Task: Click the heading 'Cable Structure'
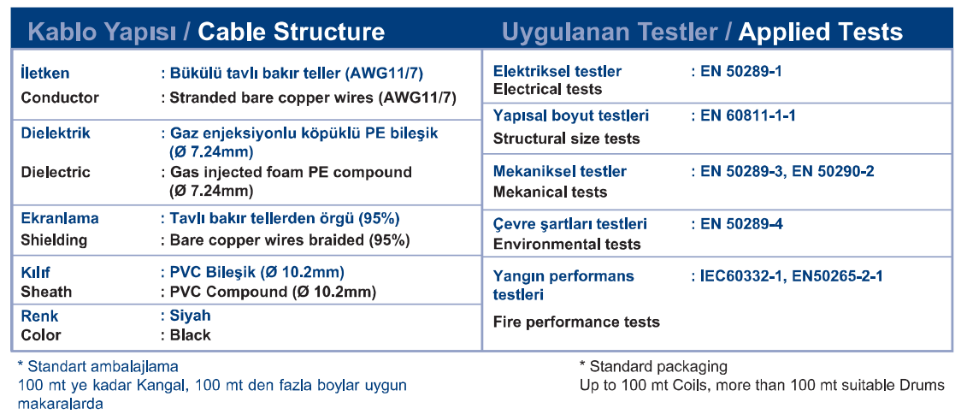pos(291,32)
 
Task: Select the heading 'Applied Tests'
pos(820,32)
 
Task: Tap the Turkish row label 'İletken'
pos(45,73)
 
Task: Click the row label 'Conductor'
pos(60,98)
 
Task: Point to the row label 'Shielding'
pos(54,240)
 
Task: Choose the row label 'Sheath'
pos(46,291)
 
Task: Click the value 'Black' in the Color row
pos(190,334)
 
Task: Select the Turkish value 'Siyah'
pos(190,316)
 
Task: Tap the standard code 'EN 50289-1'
pos(741,71)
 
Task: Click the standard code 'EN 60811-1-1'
pos(748,115)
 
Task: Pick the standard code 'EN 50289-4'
pos(741,224)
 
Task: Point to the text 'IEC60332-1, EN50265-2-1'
pos(791,276)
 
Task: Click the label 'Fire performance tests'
pos(576,322)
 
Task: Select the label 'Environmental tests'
pos(567,244)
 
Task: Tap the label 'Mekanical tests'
pos(550,192)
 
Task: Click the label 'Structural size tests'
pos(566,139)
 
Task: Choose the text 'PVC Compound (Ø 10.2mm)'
pos(273,291)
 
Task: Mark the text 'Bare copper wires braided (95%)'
pos(289,240)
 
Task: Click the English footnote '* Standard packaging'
pos(653,367)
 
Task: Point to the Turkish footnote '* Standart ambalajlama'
pos(98,367)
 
